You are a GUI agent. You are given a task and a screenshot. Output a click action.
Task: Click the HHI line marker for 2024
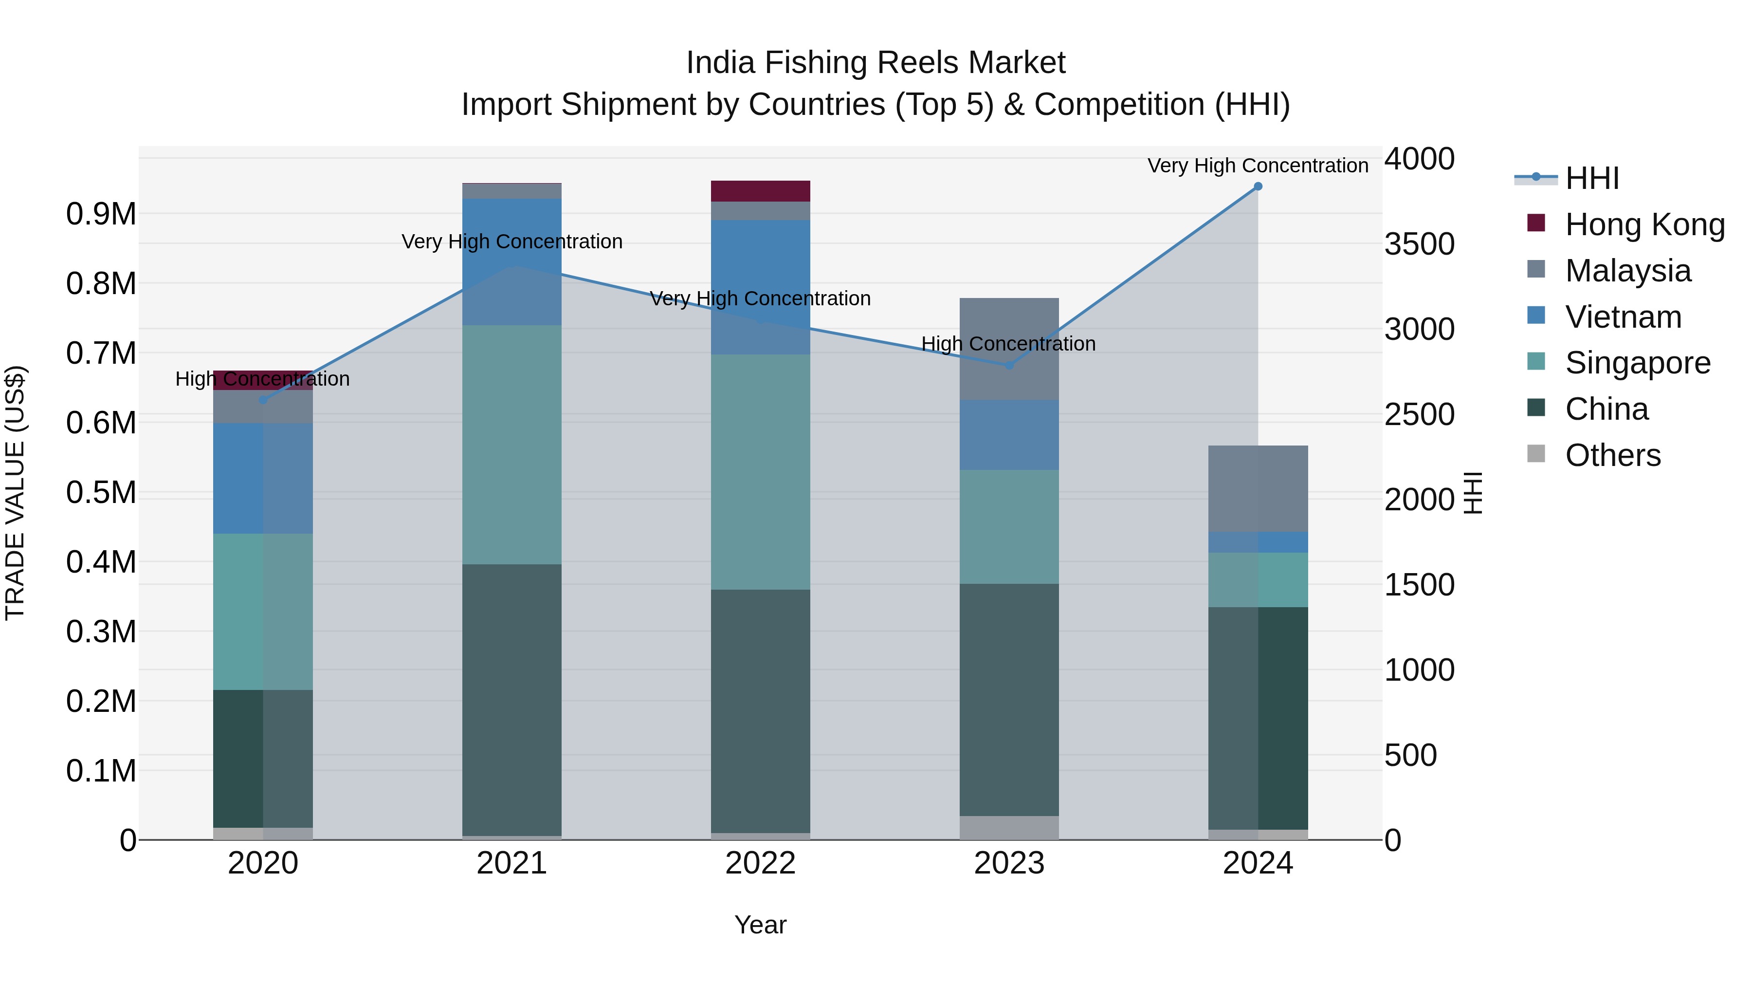click(1258, 186)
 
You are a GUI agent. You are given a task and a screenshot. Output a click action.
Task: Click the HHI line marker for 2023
click(1009, 365)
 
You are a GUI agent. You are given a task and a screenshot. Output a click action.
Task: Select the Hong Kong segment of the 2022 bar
click(760, 191)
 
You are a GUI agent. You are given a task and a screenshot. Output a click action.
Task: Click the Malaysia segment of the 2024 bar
click(1258, 488)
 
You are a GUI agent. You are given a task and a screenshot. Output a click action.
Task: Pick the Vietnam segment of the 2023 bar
click(1009, 435)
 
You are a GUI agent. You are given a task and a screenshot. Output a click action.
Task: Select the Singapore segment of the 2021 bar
click(512, 445)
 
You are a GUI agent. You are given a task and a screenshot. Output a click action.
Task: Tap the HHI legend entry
click(1591, 178)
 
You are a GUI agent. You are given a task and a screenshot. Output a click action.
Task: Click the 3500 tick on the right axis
click(1420, 244)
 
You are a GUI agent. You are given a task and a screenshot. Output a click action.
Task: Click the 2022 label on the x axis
click(760, 863)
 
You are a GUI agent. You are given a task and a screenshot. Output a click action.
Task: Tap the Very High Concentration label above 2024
click(1258, 166)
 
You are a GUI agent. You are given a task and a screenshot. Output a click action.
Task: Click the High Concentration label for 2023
click(1009, 344)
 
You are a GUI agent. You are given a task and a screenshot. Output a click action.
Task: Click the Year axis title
click(760, 925)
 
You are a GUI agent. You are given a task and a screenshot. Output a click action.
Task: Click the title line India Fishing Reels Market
click(876, 63)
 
